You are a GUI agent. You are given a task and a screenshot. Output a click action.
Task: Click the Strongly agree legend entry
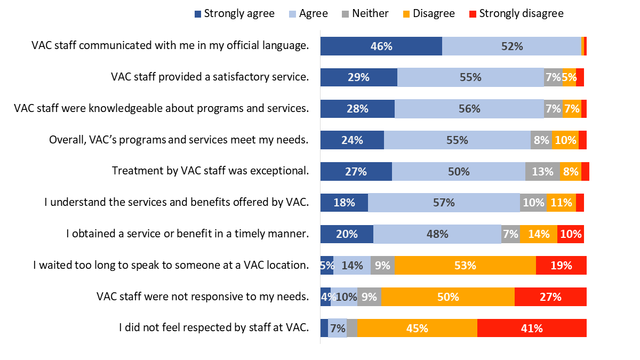235,13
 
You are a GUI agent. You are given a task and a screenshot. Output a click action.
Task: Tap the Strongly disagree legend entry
516,13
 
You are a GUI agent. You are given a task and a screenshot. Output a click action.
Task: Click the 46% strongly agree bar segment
381,46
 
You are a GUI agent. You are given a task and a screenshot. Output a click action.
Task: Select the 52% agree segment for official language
511,46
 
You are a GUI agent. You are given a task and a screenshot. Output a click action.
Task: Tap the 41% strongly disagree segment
532,328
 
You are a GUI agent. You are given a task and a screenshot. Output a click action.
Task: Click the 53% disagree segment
465,265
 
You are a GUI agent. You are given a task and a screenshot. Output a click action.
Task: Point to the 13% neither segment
542,171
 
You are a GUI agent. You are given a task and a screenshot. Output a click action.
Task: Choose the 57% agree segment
444,203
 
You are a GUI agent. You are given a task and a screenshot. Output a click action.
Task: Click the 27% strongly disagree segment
550,297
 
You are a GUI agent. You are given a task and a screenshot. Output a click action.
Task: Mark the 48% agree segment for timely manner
437,234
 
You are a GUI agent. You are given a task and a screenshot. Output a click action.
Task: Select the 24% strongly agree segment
352,140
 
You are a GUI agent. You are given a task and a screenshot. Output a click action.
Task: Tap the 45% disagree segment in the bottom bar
417,328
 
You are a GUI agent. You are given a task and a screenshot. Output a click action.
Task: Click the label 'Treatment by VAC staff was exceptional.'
210,171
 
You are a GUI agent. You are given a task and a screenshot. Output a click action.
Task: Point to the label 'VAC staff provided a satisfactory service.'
210,77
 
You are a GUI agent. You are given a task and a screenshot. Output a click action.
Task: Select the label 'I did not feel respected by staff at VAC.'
214,328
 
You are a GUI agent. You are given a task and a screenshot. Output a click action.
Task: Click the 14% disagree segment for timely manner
539,234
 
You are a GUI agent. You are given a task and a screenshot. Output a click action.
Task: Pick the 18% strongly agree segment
344,203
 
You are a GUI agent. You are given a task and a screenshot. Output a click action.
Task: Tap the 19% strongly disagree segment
561,265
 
